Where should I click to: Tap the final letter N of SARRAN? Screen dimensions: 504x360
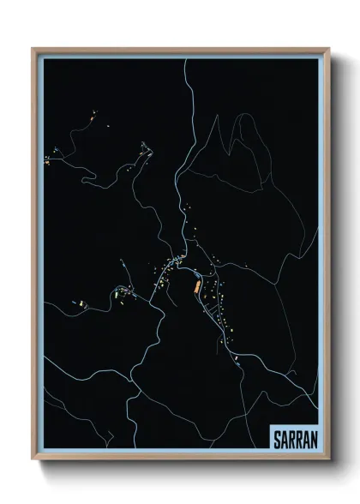313,438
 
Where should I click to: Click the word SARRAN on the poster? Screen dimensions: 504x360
294,438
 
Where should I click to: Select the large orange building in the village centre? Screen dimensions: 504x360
197,286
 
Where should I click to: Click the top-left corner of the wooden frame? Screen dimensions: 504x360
33,49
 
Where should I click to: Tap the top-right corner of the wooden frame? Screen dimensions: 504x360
330,49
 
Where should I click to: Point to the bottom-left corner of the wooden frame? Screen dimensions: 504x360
33,459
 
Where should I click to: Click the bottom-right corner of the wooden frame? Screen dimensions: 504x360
330,459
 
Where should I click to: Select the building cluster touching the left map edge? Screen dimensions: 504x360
47,159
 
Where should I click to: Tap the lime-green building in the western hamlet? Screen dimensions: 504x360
83,304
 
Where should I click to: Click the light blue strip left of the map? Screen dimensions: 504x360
39,257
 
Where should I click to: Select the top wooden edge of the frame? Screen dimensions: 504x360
180,50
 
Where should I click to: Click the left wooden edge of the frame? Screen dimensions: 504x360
34,257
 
